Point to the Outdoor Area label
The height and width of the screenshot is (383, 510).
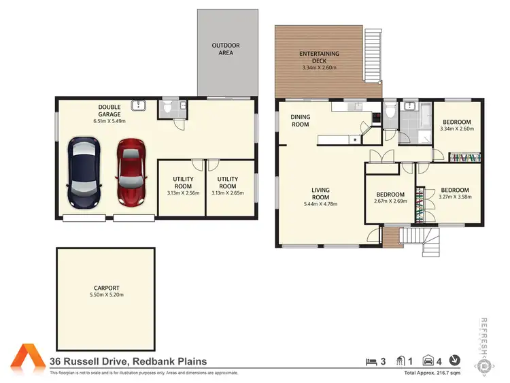pos(225,49)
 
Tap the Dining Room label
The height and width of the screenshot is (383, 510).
pos(300,120)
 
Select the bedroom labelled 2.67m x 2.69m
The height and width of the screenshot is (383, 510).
pos(391,197)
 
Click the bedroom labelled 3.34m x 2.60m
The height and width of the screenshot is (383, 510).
pos(457,125)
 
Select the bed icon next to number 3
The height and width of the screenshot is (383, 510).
pos(371,361)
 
